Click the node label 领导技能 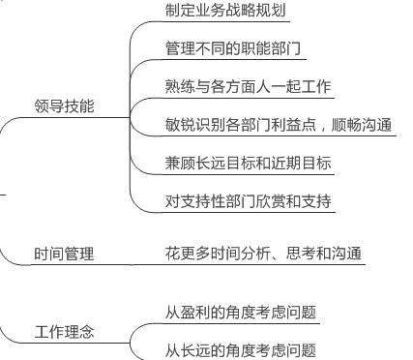coord(64,107)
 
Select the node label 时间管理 coord(64,255)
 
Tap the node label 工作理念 coord(64,333)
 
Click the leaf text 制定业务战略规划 coord(226,12)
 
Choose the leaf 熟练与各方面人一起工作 coord(249,87)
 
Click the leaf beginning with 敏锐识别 coord(279,125)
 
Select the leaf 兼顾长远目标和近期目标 coord(249,164)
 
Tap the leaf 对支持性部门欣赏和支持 coord(249,202)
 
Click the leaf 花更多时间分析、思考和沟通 coord(264,254)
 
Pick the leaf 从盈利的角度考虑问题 coord(241,312)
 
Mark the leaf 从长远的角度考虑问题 coord(241,349)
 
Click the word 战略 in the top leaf coord(242,12)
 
